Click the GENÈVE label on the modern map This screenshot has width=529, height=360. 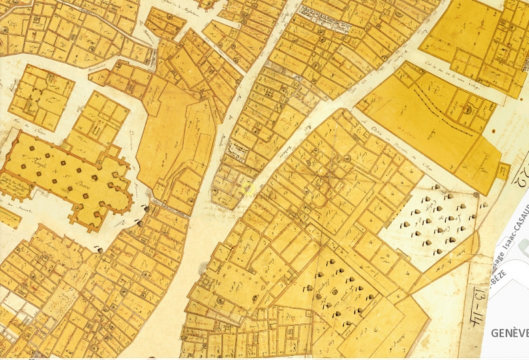click(510, 332)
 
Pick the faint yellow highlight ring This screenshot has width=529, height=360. click(248, 187)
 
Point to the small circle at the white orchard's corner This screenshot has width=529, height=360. click(475, 194)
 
